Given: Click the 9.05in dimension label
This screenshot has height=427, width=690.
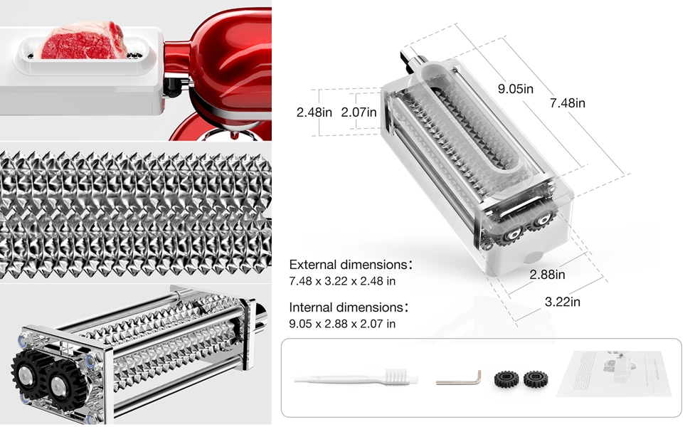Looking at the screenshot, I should (x=516, y=89).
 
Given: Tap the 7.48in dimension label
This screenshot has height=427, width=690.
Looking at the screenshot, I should (x=567, y=103).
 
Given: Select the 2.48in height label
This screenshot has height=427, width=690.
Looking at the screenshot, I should (x=314, y=112).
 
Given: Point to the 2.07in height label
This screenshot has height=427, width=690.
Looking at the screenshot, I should (x=359, y=112).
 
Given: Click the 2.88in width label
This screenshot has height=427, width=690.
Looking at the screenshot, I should (x=548, y=274).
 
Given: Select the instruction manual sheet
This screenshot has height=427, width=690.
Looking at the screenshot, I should (x=614, y=376).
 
